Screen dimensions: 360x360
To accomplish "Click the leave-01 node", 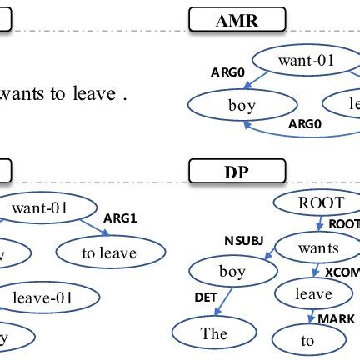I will coord(52,297).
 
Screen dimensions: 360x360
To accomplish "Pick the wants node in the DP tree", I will coord(317,247).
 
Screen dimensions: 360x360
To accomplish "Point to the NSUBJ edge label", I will coord(242,241).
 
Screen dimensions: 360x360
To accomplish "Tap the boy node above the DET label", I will coord(231,272).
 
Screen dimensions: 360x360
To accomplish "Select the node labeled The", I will coord(214,333).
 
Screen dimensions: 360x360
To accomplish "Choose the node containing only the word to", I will coord(308,339).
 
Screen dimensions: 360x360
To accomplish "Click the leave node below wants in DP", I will coord(313,293).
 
